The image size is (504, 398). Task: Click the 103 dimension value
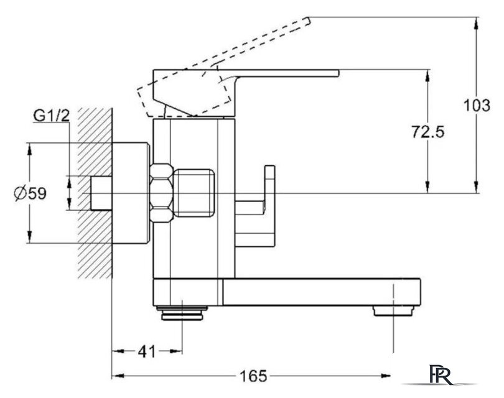pyautogui.click(x=477, y=105)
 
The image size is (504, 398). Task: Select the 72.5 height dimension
pyautogui.click(x=428, y=132)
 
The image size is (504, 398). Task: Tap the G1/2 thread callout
pyautogui.click(x=52, y=116)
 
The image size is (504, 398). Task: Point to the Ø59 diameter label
pyautogui.click(x=30, y=193)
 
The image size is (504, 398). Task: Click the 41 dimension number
pyautogui.click(x=147, y=351)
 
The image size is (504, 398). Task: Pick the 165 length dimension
pyautogui.click(x=254, y=376)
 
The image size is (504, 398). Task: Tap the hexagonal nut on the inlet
pyautogui.click(x=162, y=193)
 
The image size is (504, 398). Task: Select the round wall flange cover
pyautogui.click(x=131, y=193)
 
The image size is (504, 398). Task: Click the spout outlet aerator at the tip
pyautogui.click(x=393, y=311)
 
